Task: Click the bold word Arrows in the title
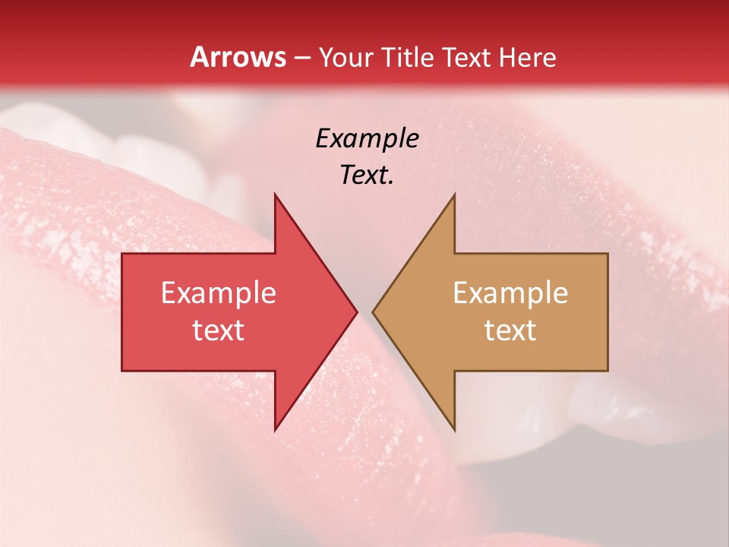coord(238,57)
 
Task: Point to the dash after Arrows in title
coord(301,58)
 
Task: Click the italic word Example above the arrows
coord(367,139)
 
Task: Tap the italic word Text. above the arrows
coord(367,175)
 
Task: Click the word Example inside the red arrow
coord(218,293)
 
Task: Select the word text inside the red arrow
coord(218,330)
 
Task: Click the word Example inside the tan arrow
coord(510,293)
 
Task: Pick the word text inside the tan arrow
coord(510,330)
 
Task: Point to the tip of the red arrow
coord(357,311)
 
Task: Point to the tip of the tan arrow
coord(373,311)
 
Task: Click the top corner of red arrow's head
coord(275,194)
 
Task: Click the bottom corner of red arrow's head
coord(275,430)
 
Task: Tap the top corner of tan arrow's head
coord(454,194)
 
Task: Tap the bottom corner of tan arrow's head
coord(454,430)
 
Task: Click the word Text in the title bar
coord(465,57)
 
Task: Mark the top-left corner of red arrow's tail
coord(122,254)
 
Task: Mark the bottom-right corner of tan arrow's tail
coord(607,371)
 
